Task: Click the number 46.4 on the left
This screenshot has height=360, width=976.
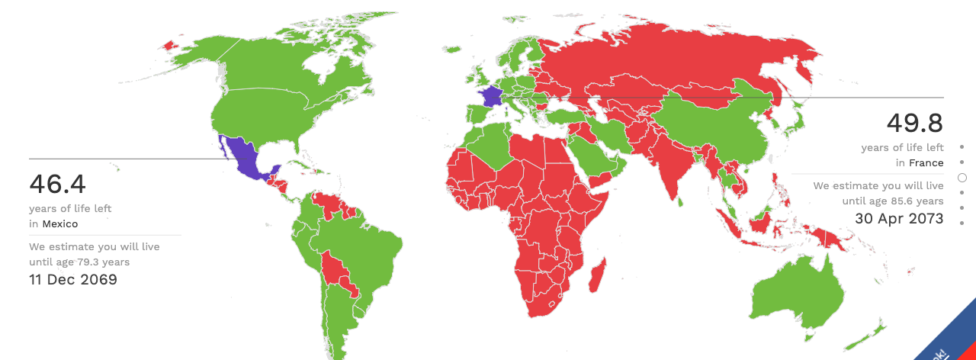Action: click(57, 185)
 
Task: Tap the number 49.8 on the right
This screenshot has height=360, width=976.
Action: click(914, 123)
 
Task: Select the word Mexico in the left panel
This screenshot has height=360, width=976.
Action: click(59, 224)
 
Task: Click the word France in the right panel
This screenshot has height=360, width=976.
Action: click(926, 163)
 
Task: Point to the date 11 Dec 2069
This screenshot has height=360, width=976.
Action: click(73, 280)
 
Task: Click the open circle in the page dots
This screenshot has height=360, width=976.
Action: click(962, 178)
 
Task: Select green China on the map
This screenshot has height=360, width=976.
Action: click(717, 130)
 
